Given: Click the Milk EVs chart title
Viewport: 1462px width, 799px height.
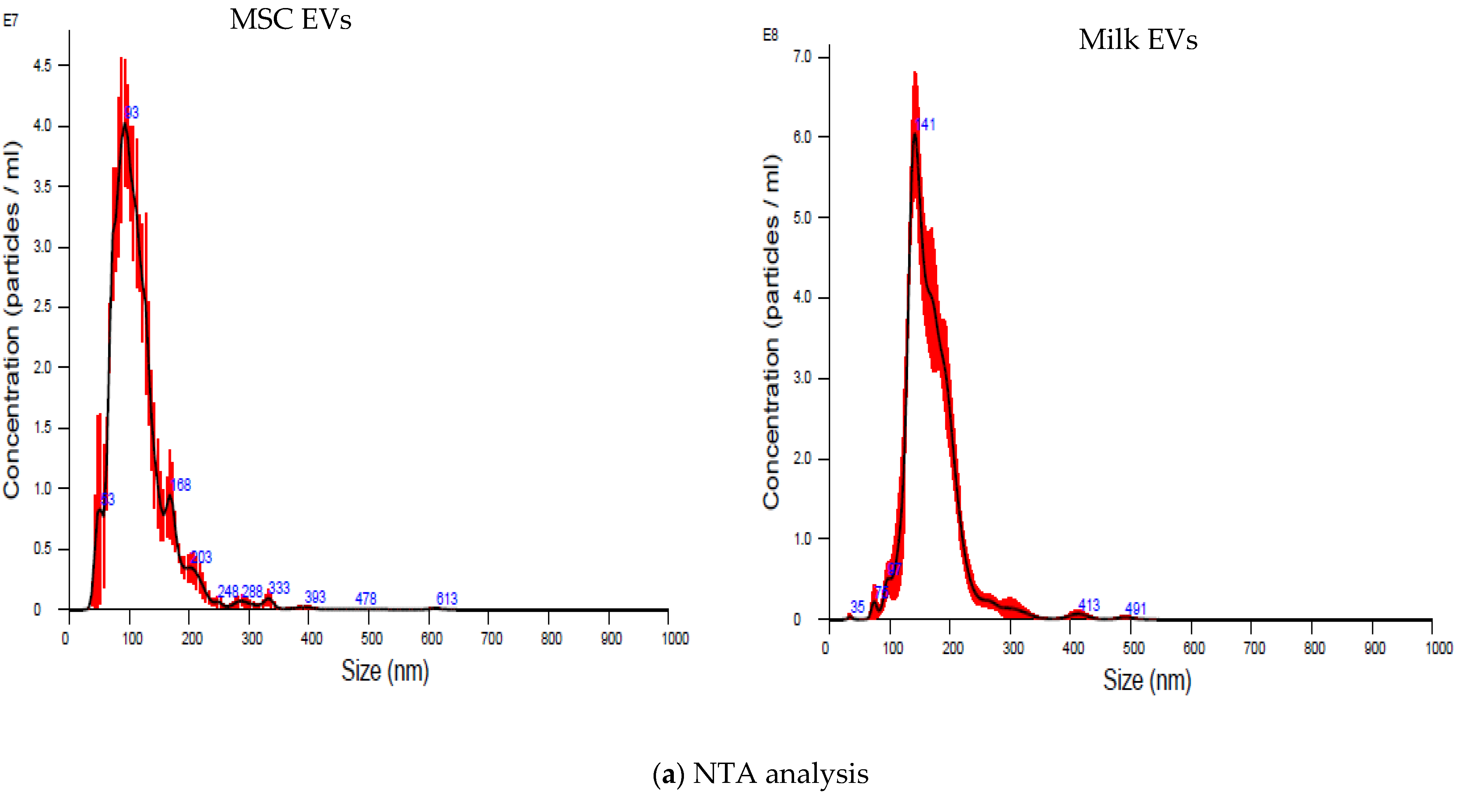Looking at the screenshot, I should pos(1137,40).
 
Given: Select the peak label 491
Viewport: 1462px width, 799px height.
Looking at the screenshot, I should pos(1136,608).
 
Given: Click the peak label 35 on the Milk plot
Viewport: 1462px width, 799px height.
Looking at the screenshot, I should pos(857,607).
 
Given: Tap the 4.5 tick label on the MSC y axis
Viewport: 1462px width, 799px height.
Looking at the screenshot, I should pos(42,65).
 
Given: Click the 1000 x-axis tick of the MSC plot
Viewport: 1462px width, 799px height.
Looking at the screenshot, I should pos(675,639).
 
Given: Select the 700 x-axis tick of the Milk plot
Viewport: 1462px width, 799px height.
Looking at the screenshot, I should pos(1254,648).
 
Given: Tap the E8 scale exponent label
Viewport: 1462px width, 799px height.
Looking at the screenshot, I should pos(770,35).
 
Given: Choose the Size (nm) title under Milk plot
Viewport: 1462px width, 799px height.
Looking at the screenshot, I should pos(1147,680).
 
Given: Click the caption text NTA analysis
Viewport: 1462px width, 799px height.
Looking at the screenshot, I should pos(761,774).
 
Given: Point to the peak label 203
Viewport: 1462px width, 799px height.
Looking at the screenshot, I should pos(201,557).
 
